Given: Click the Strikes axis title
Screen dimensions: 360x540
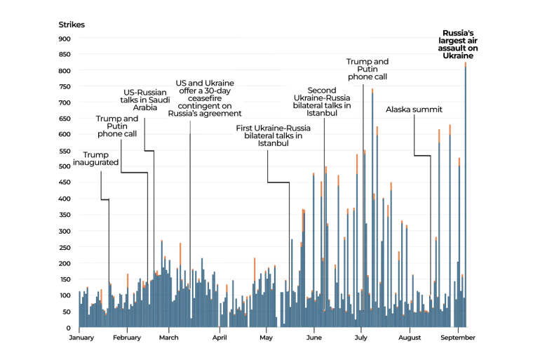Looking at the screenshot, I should click(72, 25).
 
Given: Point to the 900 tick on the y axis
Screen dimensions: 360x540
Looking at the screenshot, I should click(65, 39).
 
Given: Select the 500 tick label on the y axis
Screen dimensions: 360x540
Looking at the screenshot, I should click(65, 167).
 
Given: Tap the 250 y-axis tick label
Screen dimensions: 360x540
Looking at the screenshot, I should click(65, 247).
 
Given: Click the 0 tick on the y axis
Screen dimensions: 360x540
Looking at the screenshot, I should click(69, 328).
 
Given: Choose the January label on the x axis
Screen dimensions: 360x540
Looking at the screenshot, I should click(83, 338).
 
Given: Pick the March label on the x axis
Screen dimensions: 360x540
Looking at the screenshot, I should click(169, 338).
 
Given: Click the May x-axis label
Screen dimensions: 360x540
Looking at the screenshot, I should click(265, 338).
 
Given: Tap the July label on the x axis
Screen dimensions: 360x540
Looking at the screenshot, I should click(361, 338).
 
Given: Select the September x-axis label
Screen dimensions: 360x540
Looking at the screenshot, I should click(457, 338).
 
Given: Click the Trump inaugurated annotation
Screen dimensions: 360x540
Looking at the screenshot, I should click(96, 159).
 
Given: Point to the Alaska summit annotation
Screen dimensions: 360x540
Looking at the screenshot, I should click(414, 109).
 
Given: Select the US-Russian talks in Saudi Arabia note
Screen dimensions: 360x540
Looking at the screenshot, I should click(145, 100).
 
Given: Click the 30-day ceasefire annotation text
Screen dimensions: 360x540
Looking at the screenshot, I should click(205, 98).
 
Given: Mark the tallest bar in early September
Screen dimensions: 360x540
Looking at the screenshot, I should click(465, 196).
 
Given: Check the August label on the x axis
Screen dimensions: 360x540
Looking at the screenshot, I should click(410, 338).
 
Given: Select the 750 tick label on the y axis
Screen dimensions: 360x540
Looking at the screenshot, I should click(65, 87).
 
